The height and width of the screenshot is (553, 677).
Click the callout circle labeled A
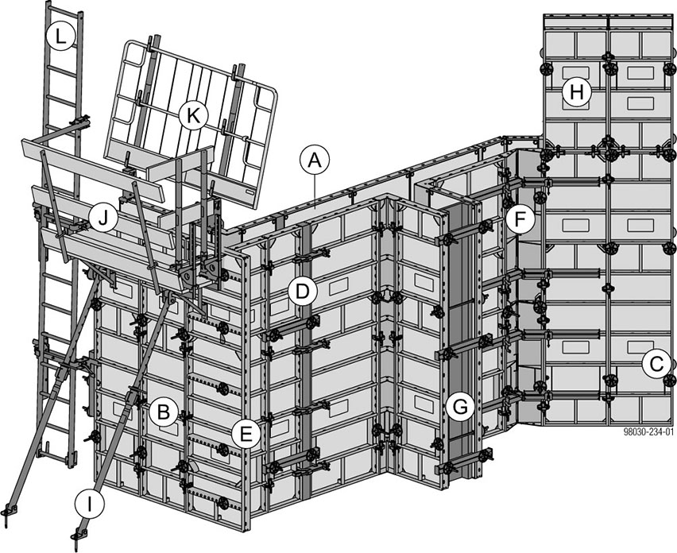(x=315, y=160)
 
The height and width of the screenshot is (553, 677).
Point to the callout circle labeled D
(x=303, y=292)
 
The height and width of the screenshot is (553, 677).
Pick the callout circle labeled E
(x=246, y=434)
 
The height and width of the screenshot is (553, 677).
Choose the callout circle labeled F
(x=520, y=220)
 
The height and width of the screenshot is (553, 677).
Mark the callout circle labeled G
(x=460, y=406)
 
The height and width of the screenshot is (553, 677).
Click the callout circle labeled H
(x=577, y=92)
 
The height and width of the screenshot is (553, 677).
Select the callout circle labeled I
(x=89, y=504)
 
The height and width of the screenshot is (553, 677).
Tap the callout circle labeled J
(x=103, y=218)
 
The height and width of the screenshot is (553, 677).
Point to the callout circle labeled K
(x=193, y=115)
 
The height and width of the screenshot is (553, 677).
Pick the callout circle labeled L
(x=61, y=36)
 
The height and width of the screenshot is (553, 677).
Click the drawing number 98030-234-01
(x=648, y=431)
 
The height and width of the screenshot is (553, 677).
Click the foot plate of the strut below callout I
(x=77, y=536)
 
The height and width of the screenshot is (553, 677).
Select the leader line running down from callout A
(x=315, y=191)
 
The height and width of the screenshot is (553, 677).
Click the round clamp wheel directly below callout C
(x=670, y=381)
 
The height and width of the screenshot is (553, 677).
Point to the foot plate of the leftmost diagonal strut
(x=9, y=511)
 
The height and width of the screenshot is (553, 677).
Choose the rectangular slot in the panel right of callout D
(x=339, y=284)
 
